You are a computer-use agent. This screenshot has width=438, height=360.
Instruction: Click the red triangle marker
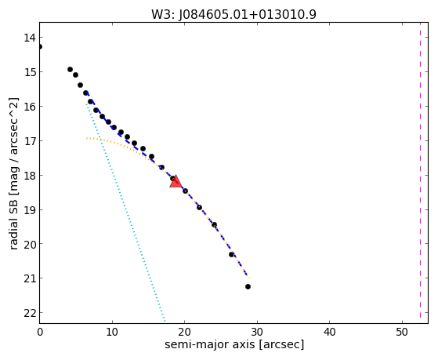(x=176, y=181)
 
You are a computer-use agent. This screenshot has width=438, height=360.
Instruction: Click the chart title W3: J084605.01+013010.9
(x=233, y=14)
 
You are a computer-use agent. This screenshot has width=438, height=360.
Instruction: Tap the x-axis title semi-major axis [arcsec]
(x=234, y=344)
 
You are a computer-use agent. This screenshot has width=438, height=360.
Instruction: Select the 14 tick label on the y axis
(x=29, y=38)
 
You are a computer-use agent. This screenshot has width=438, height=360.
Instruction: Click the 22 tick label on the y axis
(x=29, y=313)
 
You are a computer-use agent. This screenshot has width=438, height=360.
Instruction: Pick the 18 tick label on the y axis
(x=29, y=176)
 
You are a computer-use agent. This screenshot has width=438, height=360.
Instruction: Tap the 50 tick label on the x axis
(x=402, y=332)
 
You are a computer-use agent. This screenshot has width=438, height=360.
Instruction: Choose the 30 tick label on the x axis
(x=257, y=332)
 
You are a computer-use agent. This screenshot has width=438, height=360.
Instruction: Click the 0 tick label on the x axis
(x=40, y=332)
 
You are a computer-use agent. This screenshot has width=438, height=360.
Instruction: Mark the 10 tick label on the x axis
(x=112, y=332)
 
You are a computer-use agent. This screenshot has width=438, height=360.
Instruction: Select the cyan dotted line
(x=125, y=213)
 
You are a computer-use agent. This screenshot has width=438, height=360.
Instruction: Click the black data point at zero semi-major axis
(x=40, y=46)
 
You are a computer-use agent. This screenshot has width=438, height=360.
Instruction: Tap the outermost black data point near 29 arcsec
(x=248, y=287)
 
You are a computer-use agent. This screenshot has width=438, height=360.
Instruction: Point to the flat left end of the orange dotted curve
(x=87, y=138)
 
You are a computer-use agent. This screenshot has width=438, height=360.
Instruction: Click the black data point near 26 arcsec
(x=231, y=255)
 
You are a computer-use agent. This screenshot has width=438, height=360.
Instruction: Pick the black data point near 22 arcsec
(x=199, y=208)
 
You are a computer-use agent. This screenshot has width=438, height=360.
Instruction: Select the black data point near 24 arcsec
(x=214, y=225)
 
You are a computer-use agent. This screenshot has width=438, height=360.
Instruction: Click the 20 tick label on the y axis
(x=29, y=244)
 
